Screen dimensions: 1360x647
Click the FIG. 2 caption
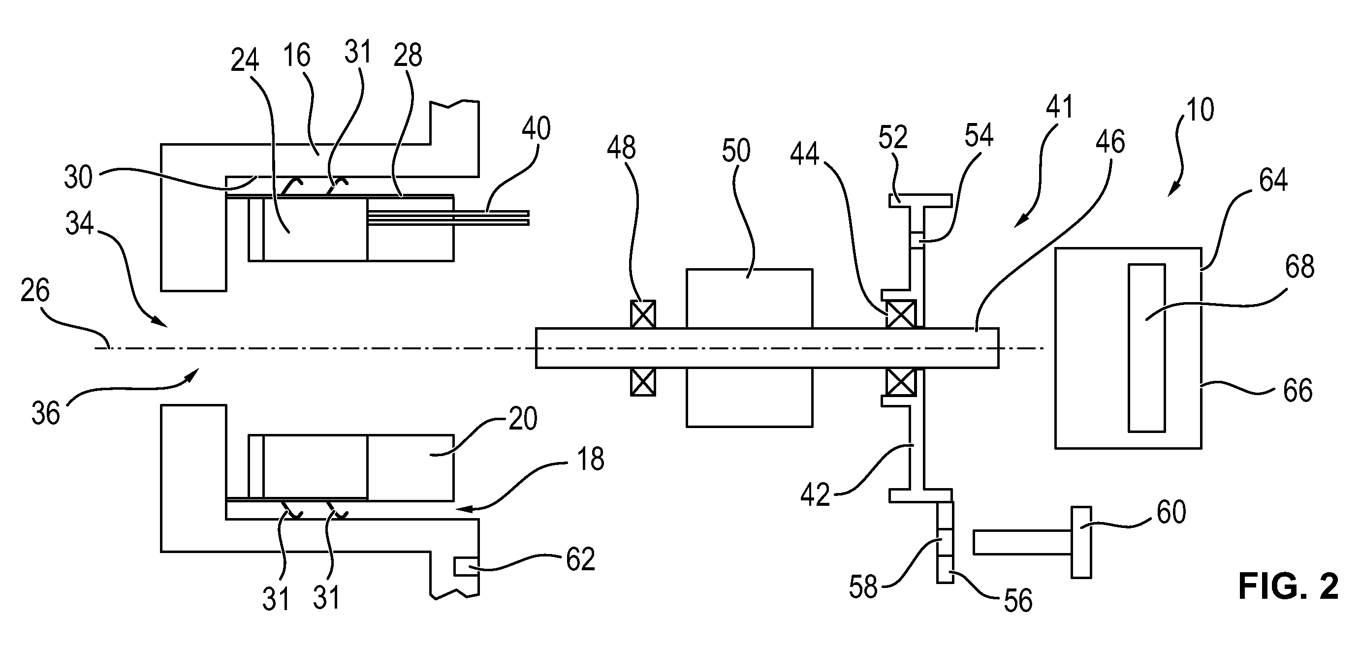pos(1289,586)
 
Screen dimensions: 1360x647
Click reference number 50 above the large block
pos(736,151)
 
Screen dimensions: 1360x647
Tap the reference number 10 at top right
pos(1200,110)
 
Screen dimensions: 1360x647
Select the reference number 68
pos(1300,267)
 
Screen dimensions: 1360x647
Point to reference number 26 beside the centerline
pos(35,291)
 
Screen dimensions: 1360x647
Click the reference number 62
pos(581,559)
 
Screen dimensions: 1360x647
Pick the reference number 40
pos(537,129)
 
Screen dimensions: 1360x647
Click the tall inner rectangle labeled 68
pos(1147,348)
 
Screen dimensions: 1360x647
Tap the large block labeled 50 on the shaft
pos(749,348)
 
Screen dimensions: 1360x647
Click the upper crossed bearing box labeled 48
pos(643,314)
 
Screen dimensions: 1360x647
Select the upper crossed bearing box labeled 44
pos(901,314)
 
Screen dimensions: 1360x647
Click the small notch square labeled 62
pos(467,567)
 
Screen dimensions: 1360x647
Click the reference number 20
pos(523,419)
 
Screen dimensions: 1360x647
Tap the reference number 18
pos(591,460)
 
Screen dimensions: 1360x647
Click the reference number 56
pos(1018,601)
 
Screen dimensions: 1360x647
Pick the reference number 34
pos(80,223)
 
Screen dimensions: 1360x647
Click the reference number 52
pos(893,138)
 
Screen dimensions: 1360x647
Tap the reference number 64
pos(1273,180)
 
